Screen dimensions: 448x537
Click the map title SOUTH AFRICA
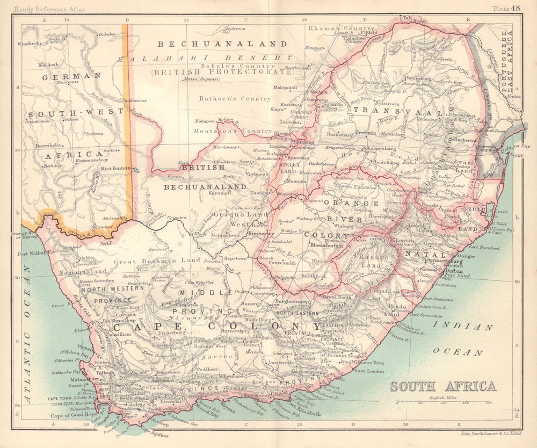[443, 386]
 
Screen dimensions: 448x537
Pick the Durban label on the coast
[454, 272]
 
